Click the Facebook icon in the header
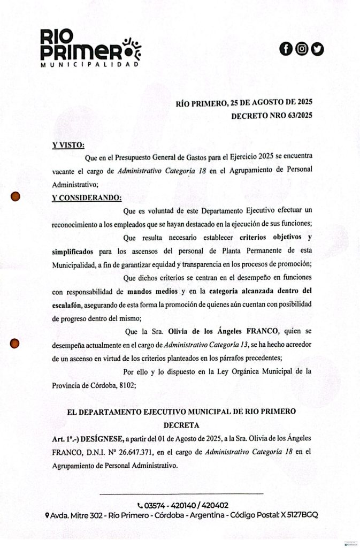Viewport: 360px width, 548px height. tap(286, 49)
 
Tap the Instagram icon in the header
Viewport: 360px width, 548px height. tap(302, 49)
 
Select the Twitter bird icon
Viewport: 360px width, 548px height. tap(318, 49)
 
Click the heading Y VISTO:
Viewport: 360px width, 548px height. tap(68, 145)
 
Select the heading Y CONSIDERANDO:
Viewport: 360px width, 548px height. tap(87, 197)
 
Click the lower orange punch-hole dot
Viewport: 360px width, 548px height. tap(16, 344)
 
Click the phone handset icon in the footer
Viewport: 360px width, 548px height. tap(140, 505)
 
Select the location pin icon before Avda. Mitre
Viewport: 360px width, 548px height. tap(47, 515)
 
